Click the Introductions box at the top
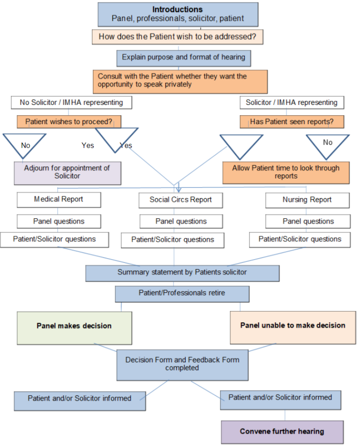(178, 14)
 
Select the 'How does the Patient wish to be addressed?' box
(177, 37)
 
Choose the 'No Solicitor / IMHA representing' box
(71, 102)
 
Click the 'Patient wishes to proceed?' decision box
(69, 122)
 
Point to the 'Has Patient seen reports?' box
(292, 122)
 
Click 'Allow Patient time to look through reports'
(286, 172)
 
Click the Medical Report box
(59, 200)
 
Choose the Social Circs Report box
(180, 200)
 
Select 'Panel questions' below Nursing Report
(308, 221)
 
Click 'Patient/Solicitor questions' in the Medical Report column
(54, 239)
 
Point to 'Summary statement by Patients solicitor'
(182, 273)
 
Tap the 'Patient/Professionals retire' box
(182, 293)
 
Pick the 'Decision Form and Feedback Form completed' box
(182, 364)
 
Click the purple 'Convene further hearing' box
(282, 432)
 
